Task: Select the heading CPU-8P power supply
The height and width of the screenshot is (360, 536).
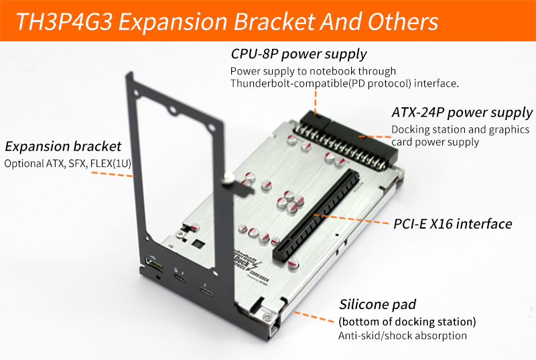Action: tap(298, 54)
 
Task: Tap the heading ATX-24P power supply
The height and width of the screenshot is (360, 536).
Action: tap(462, 112)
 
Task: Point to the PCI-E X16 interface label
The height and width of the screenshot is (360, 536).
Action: tap(454, 223)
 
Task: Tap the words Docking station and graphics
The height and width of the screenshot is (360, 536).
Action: tap(460, 129)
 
